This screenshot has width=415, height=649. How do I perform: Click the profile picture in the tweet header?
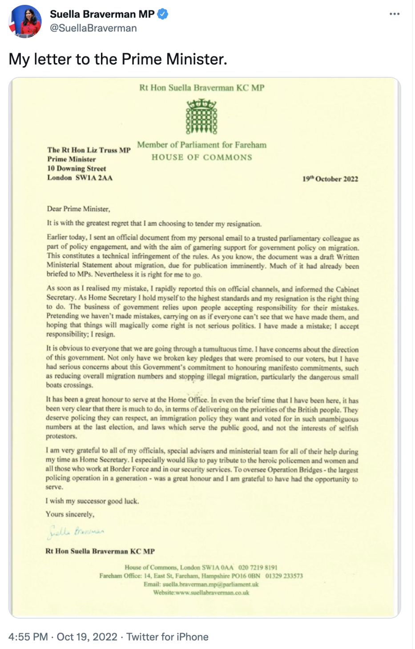25,21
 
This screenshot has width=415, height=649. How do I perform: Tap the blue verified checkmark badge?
163,14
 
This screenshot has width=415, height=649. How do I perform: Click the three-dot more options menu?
394,14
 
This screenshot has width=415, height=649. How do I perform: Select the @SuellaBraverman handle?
93,28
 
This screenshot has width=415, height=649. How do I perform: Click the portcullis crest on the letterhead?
201,117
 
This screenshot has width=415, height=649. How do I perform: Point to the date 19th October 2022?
330,179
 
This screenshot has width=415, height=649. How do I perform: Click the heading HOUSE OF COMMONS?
201,157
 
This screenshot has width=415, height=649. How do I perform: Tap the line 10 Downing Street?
77,168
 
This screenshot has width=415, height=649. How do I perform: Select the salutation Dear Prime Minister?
78,208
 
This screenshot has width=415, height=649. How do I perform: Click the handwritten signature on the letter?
77,531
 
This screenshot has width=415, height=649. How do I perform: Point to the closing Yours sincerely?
70,514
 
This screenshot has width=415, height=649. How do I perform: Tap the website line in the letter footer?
201,593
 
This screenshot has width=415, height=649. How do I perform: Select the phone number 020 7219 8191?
258,568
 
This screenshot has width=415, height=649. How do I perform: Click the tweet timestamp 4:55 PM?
28,637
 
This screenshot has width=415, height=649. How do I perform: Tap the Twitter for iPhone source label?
167,637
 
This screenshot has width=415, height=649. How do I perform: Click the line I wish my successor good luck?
92,501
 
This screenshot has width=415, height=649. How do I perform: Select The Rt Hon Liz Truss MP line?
89,150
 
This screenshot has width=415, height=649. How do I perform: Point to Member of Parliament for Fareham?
201,145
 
